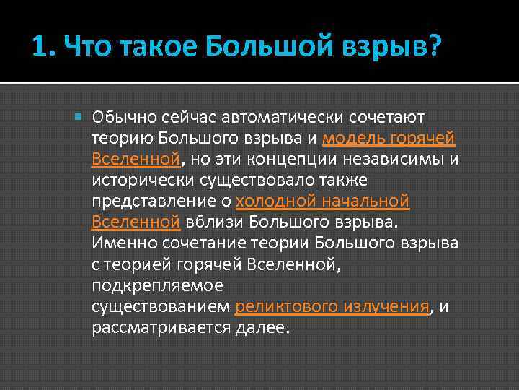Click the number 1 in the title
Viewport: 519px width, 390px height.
[x=40, y=48]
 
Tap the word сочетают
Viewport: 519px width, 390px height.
[x=387, y=117]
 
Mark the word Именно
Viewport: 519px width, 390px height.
[x=120, y=243]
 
